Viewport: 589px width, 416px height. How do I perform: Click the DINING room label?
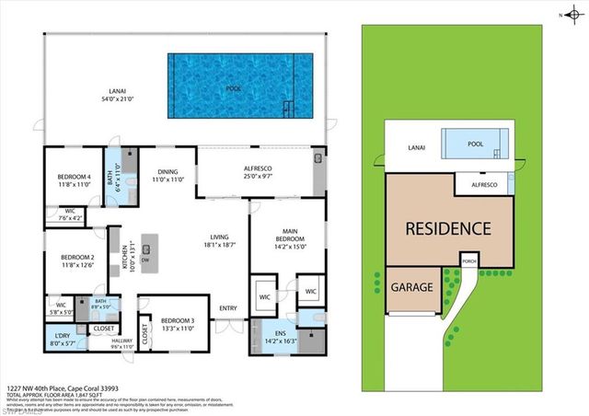coord(167,175)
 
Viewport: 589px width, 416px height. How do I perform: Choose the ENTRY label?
coord(227,308)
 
